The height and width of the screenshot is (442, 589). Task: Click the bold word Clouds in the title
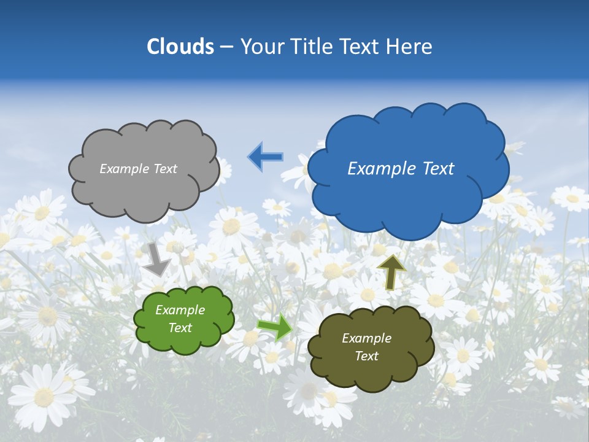coord(180,47)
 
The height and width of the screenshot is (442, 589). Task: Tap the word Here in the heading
coord(410,47)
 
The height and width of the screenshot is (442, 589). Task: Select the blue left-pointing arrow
coord(265,157)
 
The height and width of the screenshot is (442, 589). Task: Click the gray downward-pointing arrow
coord(157,258)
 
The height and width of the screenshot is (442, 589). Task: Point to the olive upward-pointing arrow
coord(392,271)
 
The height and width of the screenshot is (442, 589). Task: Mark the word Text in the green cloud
coord(180,328)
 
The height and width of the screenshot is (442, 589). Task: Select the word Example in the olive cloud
coord(366,338)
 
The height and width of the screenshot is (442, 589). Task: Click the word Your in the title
coord(260,47)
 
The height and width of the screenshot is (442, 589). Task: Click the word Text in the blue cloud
coord(438,169)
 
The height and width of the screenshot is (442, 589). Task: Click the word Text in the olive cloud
coord(366,356)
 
